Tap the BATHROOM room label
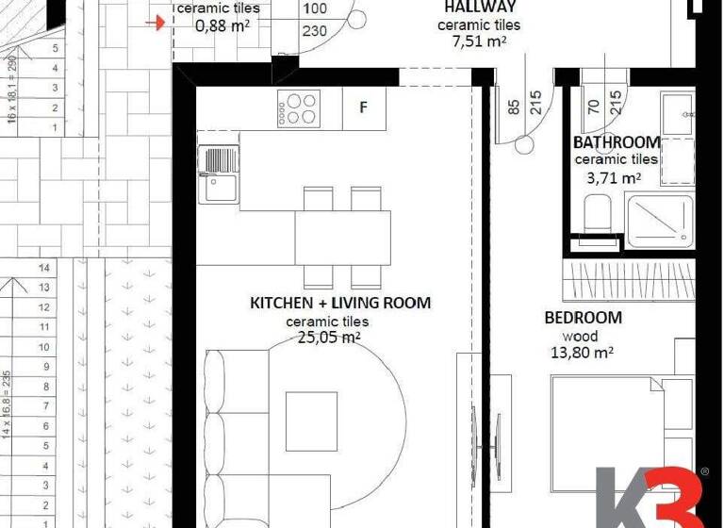pos(617,142)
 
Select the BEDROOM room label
pos(583,318)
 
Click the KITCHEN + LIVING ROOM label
pos(339,303)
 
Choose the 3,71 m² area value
pos(614,176)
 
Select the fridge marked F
pos(363,107)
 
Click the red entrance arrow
pos(162,21)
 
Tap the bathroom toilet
pos(598,215)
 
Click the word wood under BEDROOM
pos(580,336)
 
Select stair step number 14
pos(43,267)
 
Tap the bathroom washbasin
pos(676,113)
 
